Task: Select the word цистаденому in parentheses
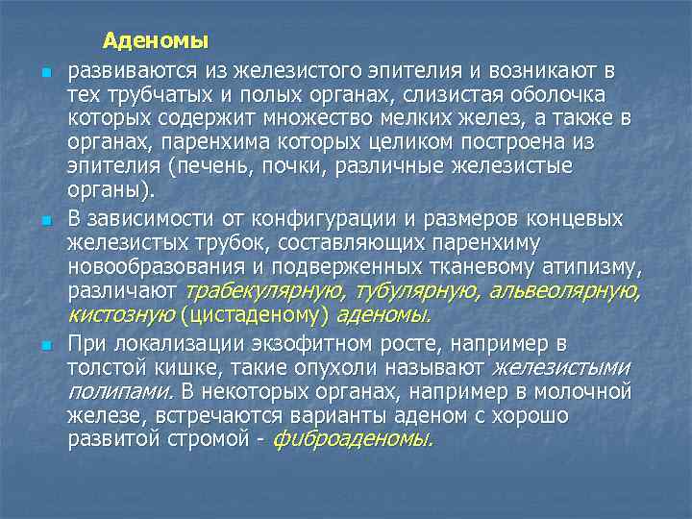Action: (254, 314)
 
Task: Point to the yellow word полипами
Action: (106, 392)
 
